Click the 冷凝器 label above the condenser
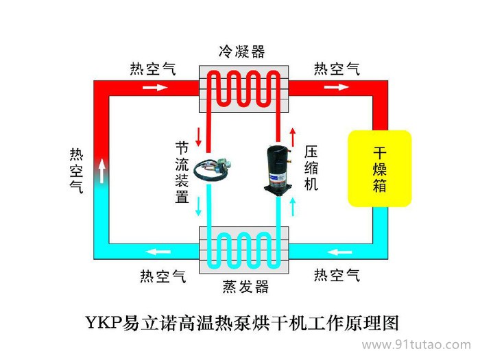[x=241, y=51]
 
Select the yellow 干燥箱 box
[x=379, y=168]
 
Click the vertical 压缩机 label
[x=311, y=168]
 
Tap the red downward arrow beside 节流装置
[x=199, y=136]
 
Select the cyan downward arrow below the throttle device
[x=199, y=204]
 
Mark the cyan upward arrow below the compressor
[x=293, y=204]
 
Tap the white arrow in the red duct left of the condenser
[x=155, y=88]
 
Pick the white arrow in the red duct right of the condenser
[x=336, y=88]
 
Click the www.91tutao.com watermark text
[x=416, y=344]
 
